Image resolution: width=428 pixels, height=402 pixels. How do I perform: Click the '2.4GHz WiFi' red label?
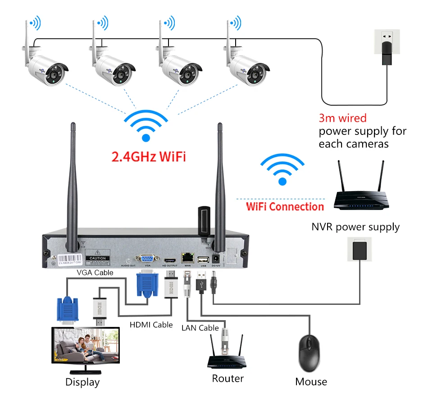pyautogui.click(x=148, y=157)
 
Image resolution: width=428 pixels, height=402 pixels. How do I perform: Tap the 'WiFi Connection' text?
pyautogui.click(x=285, y=207)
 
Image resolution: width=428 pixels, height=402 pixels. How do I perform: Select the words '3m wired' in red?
pyautogui.click(x=342, y=118)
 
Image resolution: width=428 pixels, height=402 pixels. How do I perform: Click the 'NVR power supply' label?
pyautogui.click(x=355, y=227)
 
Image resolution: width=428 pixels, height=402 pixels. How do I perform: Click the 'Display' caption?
pyautogui.click(x=82, y=382)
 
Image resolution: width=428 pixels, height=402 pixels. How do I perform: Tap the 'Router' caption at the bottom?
pyautogui.click(x=228, y=379)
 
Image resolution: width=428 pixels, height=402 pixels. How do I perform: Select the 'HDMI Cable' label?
pyautogui.click(x=151, y=324)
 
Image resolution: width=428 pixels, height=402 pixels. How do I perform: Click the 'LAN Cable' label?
pyautogui.click(x=200, y=328)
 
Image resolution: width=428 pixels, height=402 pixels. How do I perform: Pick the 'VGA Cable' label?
pyautogui.click(x=95, y=272)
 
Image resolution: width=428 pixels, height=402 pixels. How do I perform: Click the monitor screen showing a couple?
pyautogui.click(x=86, y=345)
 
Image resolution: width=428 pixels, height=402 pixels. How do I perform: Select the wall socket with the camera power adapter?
pyautogui.click(x=386, y=47)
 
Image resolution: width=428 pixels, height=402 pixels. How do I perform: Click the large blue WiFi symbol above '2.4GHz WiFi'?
pyautogui.click(x=146, y=126)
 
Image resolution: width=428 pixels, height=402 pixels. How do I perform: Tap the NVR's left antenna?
pyautogui.click(x=72, y=180)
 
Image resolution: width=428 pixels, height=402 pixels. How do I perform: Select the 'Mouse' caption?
pyautogui.click(x=311, y=382)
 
